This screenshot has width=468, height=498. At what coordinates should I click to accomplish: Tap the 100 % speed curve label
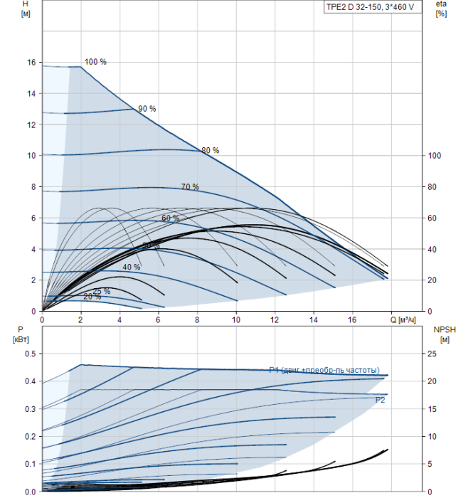click(95, 62)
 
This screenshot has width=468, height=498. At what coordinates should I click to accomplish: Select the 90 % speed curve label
click(147, 109)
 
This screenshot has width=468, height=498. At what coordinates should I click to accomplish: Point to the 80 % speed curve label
click(211, 151)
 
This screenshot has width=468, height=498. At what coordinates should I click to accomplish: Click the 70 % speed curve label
click(190, 187)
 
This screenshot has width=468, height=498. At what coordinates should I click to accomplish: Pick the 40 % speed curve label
click(132, 267)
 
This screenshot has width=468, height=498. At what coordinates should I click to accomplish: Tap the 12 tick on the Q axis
click(275, 320)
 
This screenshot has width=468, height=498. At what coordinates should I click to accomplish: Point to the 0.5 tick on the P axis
click(30, 354)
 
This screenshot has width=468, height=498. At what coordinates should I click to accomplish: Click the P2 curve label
click(381, 401)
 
